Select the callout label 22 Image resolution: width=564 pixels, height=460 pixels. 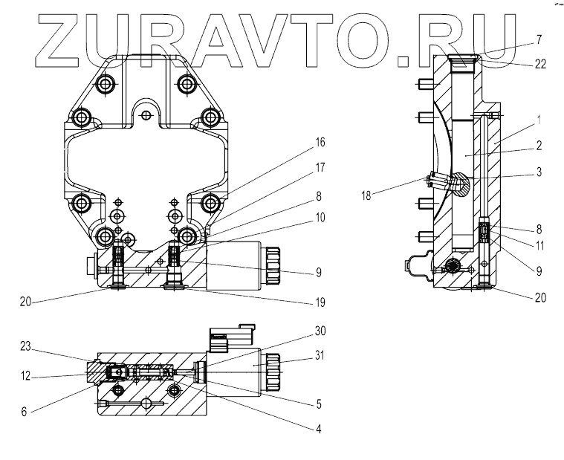pyautogui.click(x=540, y=65)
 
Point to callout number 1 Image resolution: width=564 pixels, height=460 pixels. pyautogui.click(x=538, y=119)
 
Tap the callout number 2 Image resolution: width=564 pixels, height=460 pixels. pyautogui.click(x=538, y=145)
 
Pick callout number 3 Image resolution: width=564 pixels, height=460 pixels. pyautogui.click(x=538, y=172)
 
